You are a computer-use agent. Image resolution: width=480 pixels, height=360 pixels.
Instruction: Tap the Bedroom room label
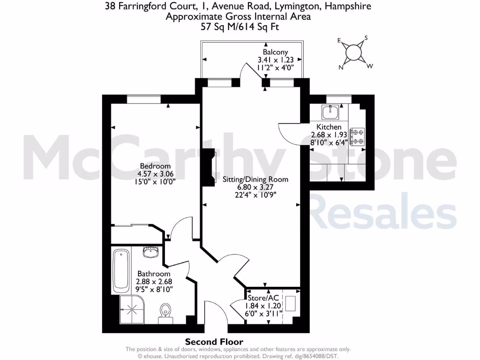[x=155, y=166]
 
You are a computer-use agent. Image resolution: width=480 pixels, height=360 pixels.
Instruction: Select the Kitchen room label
[x=329, y=127]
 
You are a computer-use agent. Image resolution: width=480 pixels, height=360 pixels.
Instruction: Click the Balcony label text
[x=275, y=52]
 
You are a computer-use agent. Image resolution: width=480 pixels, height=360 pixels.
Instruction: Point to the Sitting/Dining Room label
[x=255, y=180]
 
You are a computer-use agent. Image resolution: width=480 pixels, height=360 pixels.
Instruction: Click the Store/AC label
[x=264, y=298]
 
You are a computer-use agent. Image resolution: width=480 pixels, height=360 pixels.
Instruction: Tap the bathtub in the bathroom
[x=121, y=270]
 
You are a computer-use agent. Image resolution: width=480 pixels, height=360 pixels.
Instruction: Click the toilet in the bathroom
[x=165, y=312]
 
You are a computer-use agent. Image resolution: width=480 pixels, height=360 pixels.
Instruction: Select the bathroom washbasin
[x=151, y=253]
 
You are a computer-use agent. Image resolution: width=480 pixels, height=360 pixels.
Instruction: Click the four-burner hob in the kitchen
[x=359, y=136]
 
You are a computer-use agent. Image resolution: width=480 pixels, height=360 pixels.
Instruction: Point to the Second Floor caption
[x=214, y=342]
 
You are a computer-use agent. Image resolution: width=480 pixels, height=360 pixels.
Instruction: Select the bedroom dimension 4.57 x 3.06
[x=155, y=174]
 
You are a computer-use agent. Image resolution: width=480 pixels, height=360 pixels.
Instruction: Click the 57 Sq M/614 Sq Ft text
[x=240, y=27]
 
